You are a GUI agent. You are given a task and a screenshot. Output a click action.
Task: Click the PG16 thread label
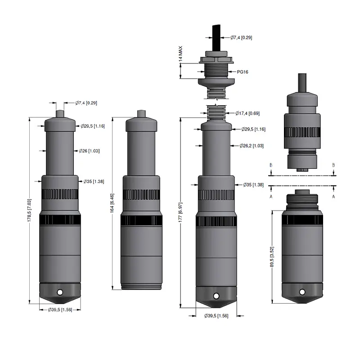coord(243,72)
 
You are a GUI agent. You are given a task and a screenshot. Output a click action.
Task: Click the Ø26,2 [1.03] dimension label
coord(252,145)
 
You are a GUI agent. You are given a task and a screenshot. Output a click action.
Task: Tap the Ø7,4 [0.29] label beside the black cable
coord(241,37)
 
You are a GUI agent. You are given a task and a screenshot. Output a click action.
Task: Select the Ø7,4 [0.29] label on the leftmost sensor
coord(86,103)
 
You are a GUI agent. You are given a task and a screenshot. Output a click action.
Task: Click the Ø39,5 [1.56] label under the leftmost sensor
coord(60,310)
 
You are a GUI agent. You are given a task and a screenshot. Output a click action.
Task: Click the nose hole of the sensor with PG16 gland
coord(216,296)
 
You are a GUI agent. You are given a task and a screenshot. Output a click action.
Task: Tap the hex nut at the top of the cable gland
coord(215,58)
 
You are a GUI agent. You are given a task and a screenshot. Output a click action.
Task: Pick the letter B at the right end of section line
coord(333,165)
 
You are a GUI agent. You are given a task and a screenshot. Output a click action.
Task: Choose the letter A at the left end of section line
coord(271,196)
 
